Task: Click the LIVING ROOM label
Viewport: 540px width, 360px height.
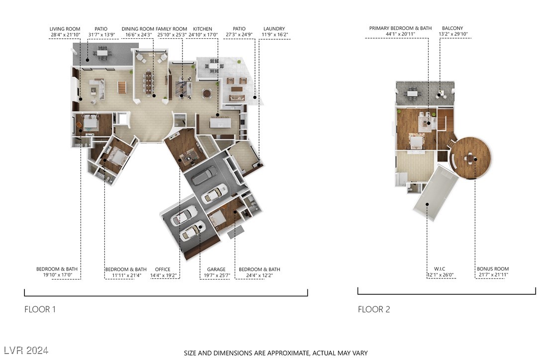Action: (65, 29)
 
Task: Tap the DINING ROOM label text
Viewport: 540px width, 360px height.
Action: (138, 29)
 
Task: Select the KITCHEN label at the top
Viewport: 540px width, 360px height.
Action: (202, 29)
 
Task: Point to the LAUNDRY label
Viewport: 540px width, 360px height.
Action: (274, 29)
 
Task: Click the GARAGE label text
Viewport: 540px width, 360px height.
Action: (216, 270)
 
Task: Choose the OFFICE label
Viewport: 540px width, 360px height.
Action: (163, 270)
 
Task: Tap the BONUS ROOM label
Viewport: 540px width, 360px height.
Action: (493, 269)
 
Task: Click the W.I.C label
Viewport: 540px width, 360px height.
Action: (440, 269)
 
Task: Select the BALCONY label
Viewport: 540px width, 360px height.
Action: (452, 28)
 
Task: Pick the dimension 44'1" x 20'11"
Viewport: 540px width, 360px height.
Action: (400, 34)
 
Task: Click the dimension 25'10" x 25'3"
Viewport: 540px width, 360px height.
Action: (172, 35)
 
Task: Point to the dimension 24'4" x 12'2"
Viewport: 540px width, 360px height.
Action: (260, 275)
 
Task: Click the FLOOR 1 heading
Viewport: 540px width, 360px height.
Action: (40, 309)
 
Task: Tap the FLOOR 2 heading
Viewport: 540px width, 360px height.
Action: (374, 309)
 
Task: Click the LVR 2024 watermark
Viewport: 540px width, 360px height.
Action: (26, 351)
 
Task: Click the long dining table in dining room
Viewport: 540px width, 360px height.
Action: (149, 83)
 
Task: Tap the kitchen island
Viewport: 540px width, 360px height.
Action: (220, 123)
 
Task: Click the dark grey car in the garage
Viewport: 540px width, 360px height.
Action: (204, 176)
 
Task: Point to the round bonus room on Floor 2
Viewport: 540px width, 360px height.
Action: (471, 158)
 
